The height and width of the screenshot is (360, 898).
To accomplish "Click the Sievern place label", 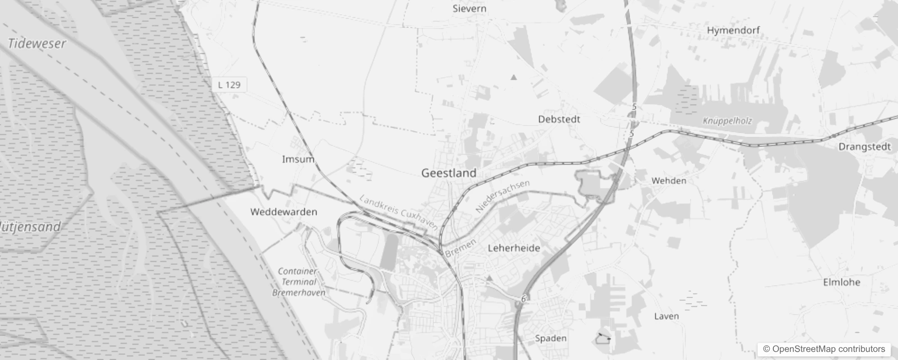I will [469, 9].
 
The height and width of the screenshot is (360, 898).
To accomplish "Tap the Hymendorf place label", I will [733, 30].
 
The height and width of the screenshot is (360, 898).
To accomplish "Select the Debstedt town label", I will [559, 119].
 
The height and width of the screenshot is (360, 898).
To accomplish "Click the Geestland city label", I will [449, 173].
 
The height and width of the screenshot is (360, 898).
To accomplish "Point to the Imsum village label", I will [298, 159].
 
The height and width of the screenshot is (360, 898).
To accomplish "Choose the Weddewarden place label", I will [283, 211].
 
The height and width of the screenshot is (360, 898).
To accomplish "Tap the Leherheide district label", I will [514, 248].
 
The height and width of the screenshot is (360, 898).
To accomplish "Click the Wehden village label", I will [669, 181].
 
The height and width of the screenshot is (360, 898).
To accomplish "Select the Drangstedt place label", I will [864, 147].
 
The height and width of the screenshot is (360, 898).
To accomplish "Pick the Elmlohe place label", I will [841, 282].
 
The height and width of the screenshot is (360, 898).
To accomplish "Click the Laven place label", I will [666, 316].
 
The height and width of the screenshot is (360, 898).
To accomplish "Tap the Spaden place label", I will [551, 338].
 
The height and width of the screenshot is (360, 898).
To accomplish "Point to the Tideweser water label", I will [37, 44].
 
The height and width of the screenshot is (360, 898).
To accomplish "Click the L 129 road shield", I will [229, 85].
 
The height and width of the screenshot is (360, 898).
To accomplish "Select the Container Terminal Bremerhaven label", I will [298, 282].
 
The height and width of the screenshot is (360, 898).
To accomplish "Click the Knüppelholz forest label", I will [727, 121].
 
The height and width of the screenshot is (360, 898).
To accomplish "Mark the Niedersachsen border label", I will [503, 196].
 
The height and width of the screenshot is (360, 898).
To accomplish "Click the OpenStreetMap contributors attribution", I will [824, 349].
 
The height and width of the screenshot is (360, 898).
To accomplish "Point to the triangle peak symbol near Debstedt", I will [514, 77].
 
